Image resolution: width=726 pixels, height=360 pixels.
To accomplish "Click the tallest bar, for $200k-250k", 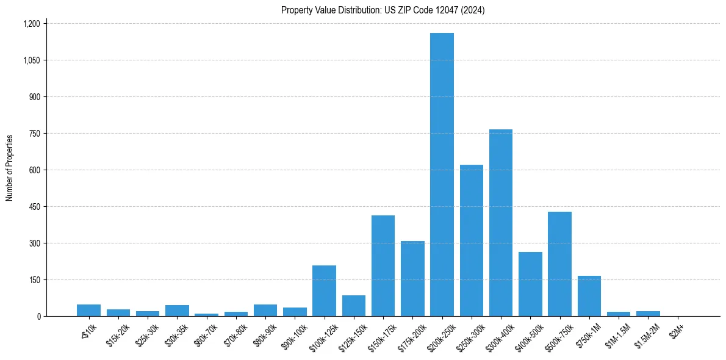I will pos(442,175).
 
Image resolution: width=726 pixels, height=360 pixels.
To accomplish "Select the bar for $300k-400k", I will pos(501,223).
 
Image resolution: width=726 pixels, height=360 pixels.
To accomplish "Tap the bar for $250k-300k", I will pos(472,240).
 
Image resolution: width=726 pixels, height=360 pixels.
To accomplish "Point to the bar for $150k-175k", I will pos(383,265).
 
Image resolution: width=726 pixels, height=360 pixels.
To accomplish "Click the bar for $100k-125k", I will pos(324,290).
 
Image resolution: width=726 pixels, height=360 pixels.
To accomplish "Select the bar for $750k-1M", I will pos(589,296).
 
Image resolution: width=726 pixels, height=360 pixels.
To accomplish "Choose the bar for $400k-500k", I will pos(530,284).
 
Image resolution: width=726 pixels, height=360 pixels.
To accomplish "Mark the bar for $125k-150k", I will pos(354,306).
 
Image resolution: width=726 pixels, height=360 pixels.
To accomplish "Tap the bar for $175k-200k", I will pos(412,278).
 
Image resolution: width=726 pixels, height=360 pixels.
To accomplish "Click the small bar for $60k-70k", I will pos(206,314).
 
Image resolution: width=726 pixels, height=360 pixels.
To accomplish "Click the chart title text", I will pos(383,10).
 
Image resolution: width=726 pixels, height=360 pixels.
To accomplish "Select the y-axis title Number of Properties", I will pos(10,168).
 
